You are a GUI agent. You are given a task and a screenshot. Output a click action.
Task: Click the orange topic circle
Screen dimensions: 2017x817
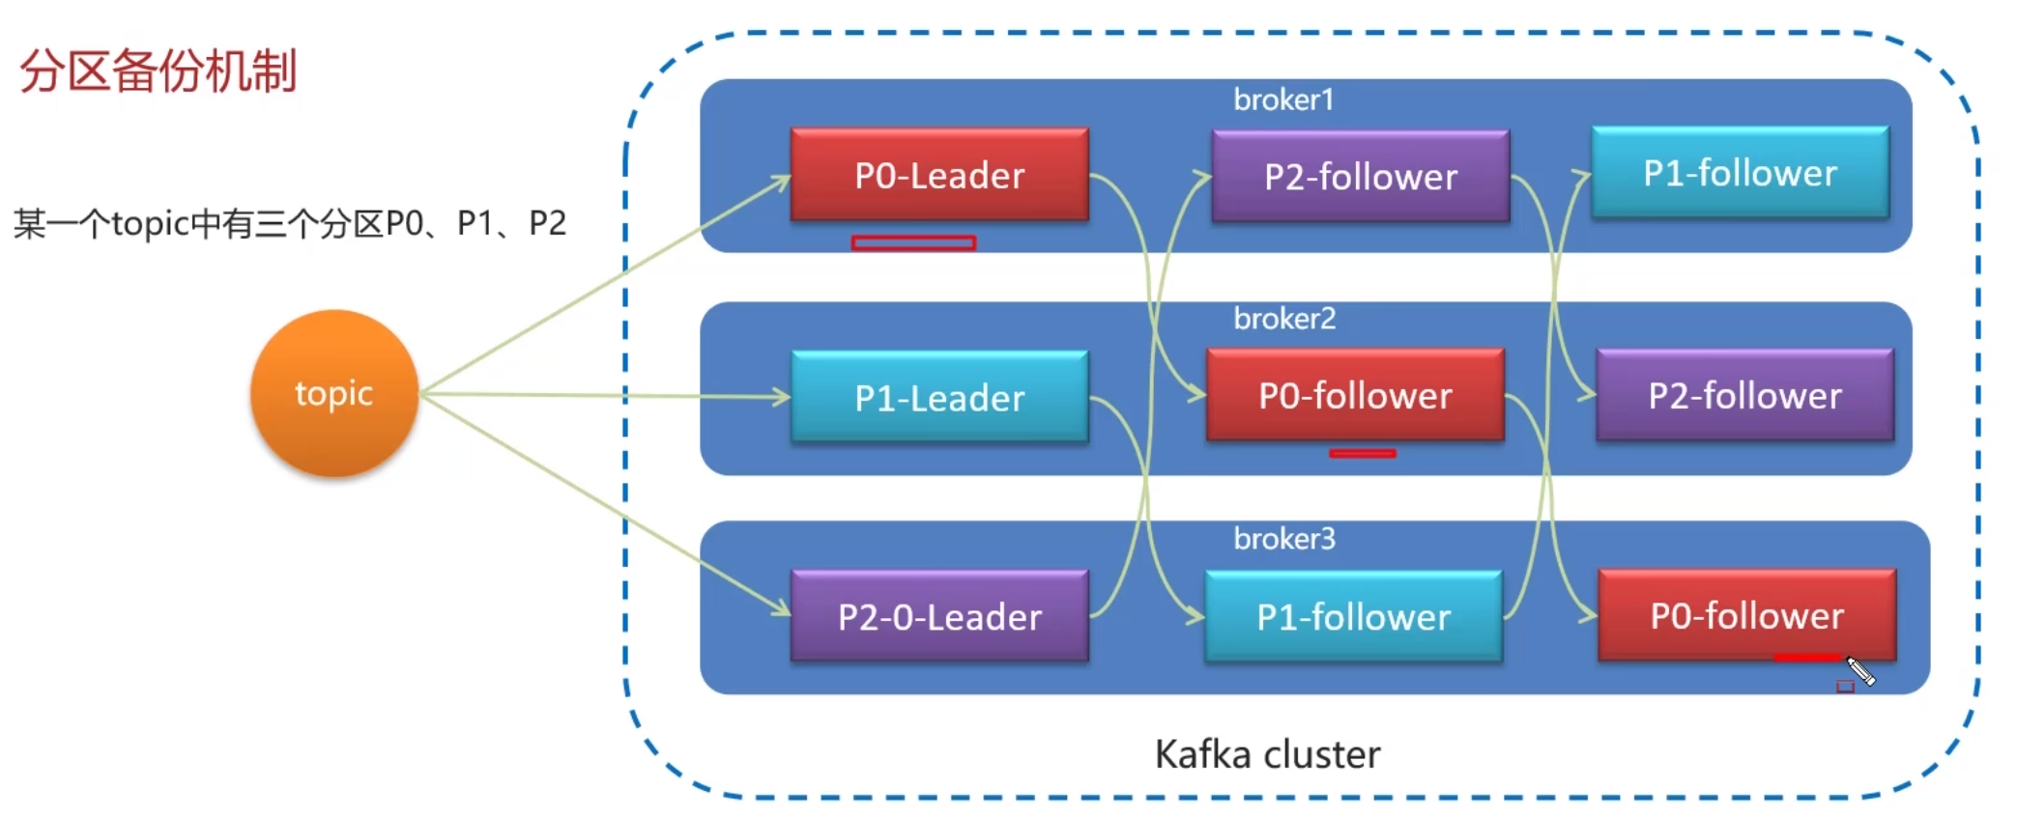(x=334, y=393)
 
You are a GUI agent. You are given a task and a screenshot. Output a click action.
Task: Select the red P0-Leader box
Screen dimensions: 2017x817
(x=939, y=175)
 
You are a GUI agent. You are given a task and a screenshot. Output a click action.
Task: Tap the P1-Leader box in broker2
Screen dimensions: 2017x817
(x=939, y=397)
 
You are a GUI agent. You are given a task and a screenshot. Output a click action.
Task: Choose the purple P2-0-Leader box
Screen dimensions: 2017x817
(x=939, y=616)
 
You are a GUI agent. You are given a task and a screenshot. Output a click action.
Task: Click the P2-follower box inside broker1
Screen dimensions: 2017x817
(x=1361, y=176)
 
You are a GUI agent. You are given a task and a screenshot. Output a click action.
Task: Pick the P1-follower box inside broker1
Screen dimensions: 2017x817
(x=1741, y=173)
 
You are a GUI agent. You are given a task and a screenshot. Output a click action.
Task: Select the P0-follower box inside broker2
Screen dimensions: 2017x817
(x=1355, y=395)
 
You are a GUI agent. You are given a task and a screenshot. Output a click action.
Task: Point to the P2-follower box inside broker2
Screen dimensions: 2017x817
(x=1745, y=395)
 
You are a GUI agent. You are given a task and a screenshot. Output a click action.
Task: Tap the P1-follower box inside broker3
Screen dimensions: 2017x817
(x=1354, y=616)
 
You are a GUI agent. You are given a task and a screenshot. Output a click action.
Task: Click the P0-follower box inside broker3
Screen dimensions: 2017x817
(x=1747, y=615)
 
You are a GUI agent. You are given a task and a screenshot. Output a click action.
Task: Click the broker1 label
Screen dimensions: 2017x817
(x=1283, y=99)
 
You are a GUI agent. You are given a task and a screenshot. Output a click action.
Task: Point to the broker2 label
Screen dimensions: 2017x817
(x=1284, y=318)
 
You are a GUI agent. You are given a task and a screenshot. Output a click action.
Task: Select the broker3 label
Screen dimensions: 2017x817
(x=1284, y=538)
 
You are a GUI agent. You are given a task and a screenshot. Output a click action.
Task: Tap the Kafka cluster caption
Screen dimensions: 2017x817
(x=1267, y=754)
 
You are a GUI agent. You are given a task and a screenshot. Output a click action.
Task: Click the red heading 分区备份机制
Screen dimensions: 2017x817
(x=158, y=70)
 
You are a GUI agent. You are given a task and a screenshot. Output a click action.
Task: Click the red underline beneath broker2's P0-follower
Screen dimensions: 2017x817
(x=1363, y=453)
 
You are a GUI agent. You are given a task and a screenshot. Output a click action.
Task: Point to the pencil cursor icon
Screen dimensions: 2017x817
(x=1860, y=670)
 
